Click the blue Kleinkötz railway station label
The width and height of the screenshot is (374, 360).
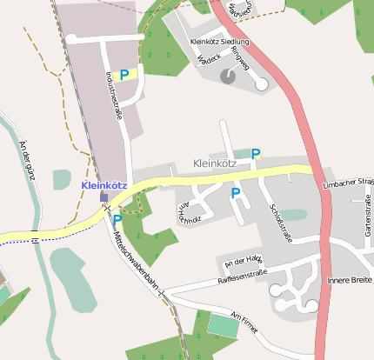[x=104, y=185]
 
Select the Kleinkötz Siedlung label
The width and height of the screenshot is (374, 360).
[x=219, y=42]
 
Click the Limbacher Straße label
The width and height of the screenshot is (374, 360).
[x=348, y=183]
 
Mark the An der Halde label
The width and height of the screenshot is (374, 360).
[x=243, y=260]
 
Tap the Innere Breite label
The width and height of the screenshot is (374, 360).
[x=350, y=280]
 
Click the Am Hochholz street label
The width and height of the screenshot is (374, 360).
[x=189, y=212]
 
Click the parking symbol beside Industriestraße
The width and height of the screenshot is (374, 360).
[x=124, y=75]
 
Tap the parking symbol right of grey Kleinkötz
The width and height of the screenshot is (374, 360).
[x=256, y=154]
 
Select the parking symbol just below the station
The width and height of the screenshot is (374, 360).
[x=117, y=221]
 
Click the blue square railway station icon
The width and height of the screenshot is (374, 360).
[x=104, y=197]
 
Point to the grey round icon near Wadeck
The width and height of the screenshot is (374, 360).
[x=228, y=76]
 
